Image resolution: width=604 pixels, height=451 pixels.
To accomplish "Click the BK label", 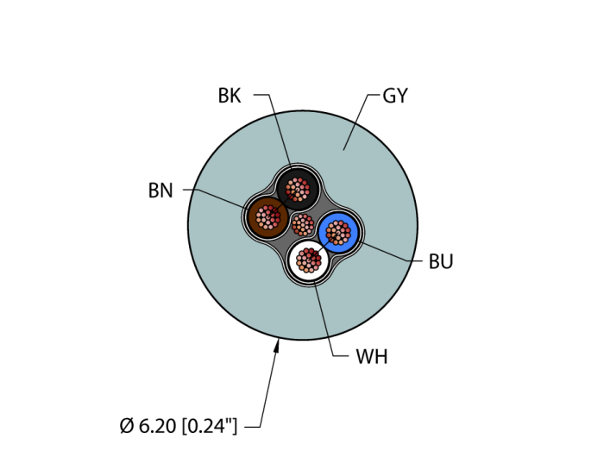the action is (230, 96).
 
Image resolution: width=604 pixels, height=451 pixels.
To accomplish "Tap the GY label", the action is (395, 96).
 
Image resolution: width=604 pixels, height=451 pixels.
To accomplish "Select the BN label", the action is (160, 191).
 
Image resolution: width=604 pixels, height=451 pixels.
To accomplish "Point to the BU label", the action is (441, 261).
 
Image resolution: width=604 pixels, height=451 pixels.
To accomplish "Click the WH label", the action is (372, 357).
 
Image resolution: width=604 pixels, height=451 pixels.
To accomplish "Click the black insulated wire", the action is (298, 190).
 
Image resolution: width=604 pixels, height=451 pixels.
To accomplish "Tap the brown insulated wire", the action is (267, 216).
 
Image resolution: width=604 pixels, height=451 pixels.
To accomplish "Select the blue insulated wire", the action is (338, 233).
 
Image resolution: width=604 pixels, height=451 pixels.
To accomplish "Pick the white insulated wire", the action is (309, 260).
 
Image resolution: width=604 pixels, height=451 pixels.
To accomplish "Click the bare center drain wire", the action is (303, 225).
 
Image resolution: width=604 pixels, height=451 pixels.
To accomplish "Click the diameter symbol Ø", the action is (127, 426).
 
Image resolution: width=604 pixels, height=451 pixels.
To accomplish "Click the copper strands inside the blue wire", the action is (338, 233).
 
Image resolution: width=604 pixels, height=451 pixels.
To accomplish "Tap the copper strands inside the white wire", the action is (309, 260).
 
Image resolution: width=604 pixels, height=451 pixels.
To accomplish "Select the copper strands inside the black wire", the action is (298, 190).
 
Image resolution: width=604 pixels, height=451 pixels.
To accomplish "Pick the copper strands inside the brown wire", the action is (267, 216).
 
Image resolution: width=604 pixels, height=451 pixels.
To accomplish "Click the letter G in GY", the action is (388, 96).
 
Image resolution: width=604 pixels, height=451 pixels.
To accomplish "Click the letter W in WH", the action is (364, 357).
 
